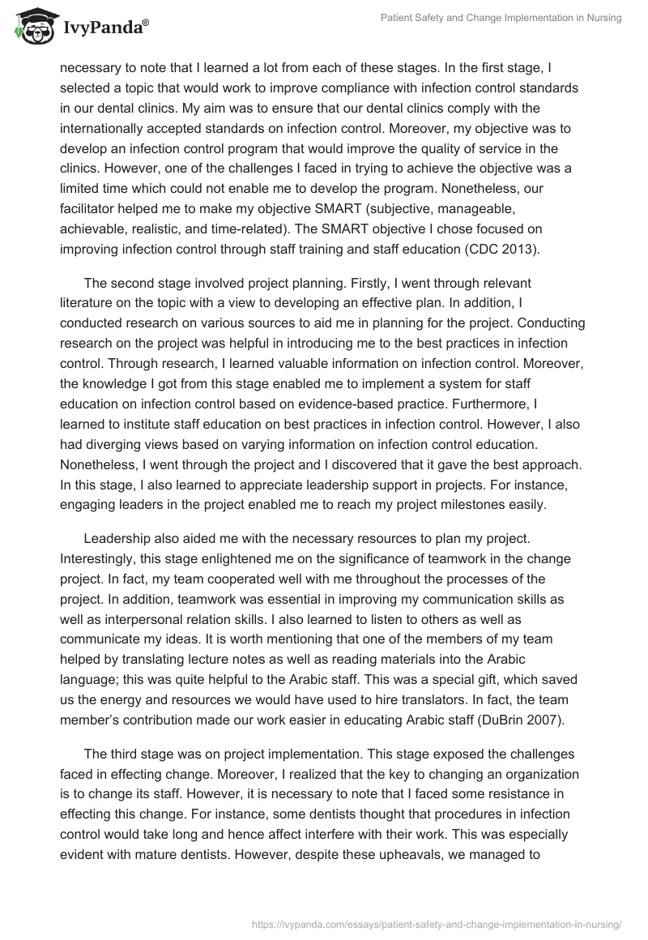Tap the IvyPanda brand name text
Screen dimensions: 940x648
104,28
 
